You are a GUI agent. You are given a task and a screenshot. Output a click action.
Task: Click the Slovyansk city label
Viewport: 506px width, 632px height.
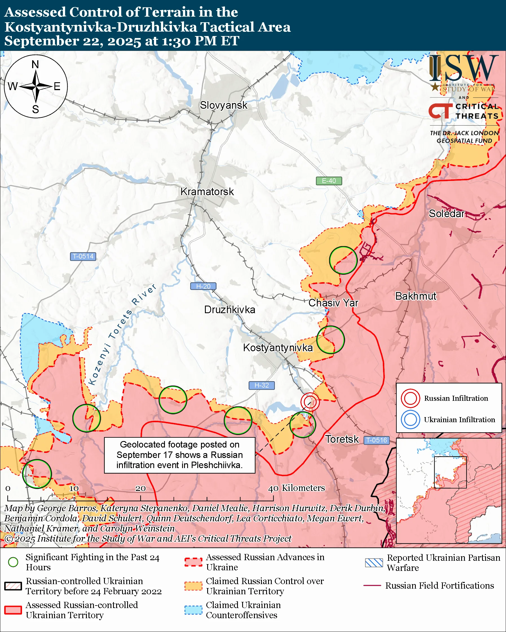pyautogui.click(x=224, y=105)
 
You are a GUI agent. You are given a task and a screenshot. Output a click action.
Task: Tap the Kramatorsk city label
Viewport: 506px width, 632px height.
pyautogui.click(x=207, y=192)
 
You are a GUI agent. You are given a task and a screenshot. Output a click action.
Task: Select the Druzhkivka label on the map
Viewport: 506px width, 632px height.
pyautogui.click(x=229, y=310)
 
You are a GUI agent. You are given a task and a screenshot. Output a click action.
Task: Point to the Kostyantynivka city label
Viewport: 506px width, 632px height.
pyautogui.click(x=278, y=348)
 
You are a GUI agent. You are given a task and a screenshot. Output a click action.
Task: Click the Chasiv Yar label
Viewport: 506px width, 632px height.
pyautogui.click(x=333, y=303)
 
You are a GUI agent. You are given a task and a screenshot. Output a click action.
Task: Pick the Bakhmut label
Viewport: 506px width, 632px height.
pyautogui.click(x=416, y=296)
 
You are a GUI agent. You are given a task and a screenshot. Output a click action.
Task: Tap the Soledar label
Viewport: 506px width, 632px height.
pyautogui.click(x=447, y=213)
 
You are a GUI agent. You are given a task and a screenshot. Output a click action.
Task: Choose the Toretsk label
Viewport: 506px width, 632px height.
pyautogui.click(x=342, y=439)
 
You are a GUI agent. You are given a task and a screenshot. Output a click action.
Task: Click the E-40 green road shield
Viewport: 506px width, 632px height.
pyautogui.click(x=329, y=181)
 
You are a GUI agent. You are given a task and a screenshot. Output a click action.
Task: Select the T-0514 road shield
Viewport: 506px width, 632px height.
pyautogui.click(x=83, y=256)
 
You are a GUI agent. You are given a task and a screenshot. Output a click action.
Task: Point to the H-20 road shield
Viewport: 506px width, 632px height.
pyautogui.click(x=203, y=286)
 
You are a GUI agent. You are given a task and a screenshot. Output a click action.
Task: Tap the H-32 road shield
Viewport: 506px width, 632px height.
pyautogui.click(x=262, y=385)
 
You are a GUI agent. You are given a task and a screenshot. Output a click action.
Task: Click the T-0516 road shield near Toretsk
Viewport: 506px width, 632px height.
pyautogui.click(x=377, y=440)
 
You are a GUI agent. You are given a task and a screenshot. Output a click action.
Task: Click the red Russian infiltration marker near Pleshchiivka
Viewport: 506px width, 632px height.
pyautogui.click(x=310, y=402)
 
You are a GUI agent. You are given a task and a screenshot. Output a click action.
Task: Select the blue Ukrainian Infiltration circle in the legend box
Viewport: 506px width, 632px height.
pyautogui.click(x=410, y=419)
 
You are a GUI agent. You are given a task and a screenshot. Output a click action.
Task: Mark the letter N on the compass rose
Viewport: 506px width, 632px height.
pyautogui.click(x=35, y=64)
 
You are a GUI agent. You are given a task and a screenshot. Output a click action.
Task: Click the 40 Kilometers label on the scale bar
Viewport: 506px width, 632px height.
pyautogui.click(x=297, y=488)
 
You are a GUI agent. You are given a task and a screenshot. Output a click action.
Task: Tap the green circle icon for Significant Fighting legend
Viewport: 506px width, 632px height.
pyautogui.click(x=13, y=562)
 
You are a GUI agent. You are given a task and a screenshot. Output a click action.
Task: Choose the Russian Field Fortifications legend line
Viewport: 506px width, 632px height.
pyautogui.click(x=372, y=586)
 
